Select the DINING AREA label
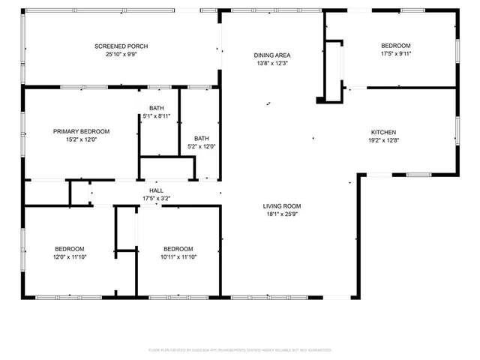272,55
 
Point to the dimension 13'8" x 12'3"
272,64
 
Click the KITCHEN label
382,131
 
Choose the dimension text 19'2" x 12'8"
382,139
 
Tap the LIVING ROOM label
282,205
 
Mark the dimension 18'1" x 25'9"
282,214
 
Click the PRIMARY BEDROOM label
81,130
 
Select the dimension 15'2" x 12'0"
81,139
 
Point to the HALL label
156,190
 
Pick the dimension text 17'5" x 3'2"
156,199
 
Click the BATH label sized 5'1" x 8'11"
156,108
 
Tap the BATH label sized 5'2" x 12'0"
202,138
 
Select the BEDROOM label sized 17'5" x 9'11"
396,46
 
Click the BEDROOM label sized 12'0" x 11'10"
69,249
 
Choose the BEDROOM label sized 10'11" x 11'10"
178,249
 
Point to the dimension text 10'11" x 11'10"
178,257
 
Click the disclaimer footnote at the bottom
240,349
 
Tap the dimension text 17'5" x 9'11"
396,54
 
